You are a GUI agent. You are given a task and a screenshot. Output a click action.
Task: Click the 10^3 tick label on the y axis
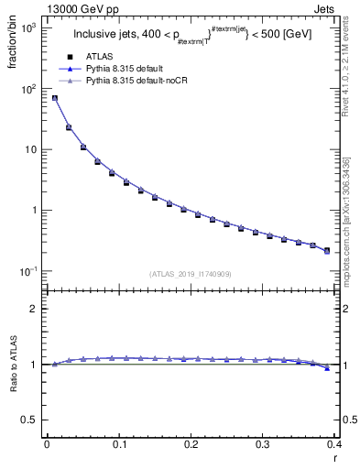point(27,28)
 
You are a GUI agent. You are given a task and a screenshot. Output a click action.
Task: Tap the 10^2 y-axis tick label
point(27,89)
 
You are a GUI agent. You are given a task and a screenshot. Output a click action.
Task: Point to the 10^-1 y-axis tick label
point(27,271)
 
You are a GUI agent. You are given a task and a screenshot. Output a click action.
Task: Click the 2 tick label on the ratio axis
point(35,309)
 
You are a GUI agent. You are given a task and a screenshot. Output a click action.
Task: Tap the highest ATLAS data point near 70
point(54,98)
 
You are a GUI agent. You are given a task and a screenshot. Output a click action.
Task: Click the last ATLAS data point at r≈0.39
point(327,250)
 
